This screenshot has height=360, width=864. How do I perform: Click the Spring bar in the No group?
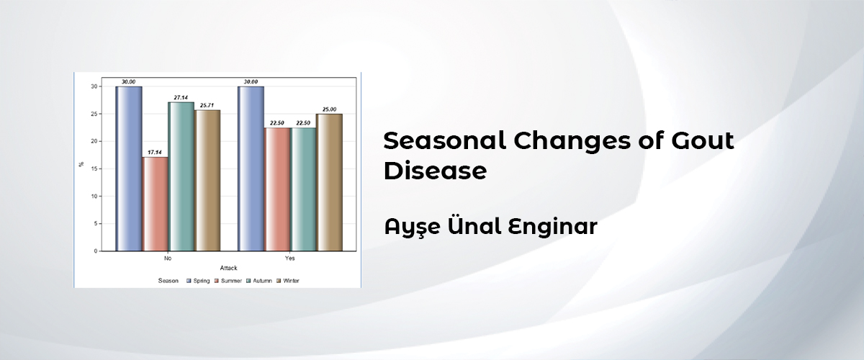coord(129,168)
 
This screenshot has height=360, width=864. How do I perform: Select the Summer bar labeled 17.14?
coord(156,204)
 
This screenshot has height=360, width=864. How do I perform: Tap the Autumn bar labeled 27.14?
coord(181,176)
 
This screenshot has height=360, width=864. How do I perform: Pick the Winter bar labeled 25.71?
coord(207,181)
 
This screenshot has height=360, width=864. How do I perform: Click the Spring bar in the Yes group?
coord(251,168)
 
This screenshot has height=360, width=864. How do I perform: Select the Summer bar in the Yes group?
coord(277,189)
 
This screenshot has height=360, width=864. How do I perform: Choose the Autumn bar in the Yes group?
coord(303,189)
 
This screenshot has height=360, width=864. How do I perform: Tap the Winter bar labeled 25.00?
coord(330,182)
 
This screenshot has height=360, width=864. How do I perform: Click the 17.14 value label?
coord(155,153)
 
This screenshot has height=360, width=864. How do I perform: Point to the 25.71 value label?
coord(207,105)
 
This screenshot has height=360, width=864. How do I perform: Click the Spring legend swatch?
coord(189,281)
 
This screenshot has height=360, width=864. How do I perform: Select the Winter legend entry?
coord(288,281)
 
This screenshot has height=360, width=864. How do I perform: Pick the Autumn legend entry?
coord(259,281)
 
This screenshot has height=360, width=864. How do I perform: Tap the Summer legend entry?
coord(228,281)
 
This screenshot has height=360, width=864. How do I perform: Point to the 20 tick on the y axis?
coord(94,141)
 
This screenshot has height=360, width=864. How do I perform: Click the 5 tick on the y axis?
coord(96,223)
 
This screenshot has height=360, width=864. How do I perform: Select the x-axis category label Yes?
coord(289,258)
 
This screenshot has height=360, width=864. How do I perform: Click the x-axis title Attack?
coord(228,268)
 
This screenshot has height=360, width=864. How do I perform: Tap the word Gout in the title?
coord(703,140)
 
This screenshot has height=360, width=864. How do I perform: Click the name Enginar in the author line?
coord(553,227)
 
